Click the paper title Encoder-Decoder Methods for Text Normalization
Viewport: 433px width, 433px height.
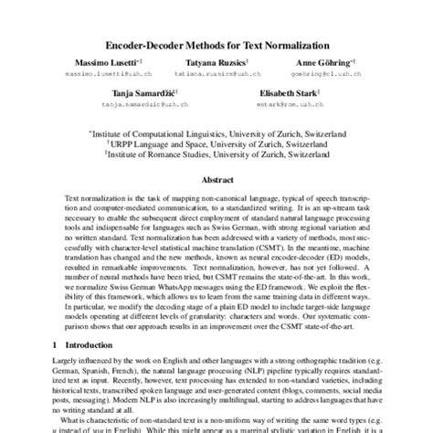[216, 42]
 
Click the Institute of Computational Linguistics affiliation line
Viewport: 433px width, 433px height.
[216, 132]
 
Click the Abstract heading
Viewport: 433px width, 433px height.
[216, 181]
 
